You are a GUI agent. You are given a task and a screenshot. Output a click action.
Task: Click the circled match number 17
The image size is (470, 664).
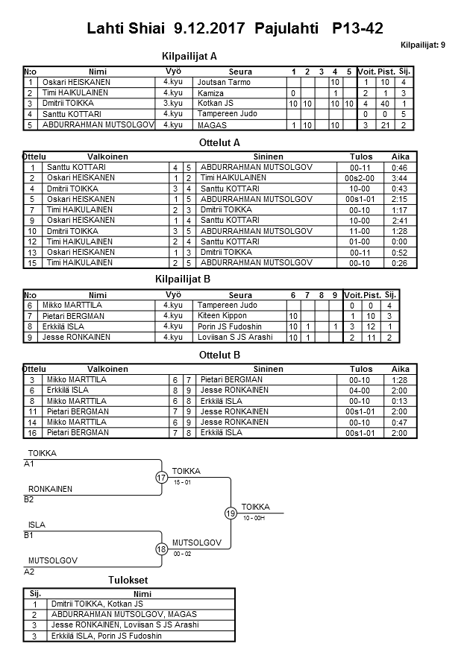(161, 478)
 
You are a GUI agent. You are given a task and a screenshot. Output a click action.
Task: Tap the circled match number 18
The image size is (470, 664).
(161, 549)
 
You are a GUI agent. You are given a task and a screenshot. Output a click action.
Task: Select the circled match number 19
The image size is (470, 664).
(231, 513)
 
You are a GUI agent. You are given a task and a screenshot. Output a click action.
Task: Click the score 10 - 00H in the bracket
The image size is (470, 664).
(254, 518)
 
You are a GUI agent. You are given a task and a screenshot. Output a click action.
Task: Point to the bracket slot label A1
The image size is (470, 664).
(29, 464)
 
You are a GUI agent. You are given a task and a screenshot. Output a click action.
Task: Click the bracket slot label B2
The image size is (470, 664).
(29, 499)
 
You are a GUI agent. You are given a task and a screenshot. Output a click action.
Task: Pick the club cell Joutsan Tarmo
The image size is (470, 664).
(224, 82)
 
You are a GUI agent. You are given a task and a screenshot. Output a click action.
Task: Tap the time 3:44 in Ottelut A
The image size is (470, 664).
(401, 179)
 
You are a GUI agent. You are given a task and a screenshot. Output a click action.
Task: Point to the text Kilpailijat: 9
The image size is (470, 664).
(423, 45)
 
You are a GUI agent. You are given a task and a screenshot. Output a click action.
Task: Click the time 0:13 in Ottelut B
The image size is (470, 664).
(401, 400)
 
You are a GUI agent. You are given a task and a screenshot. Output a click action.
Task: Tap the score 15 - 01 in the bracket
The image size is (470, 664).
(182, 482)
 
